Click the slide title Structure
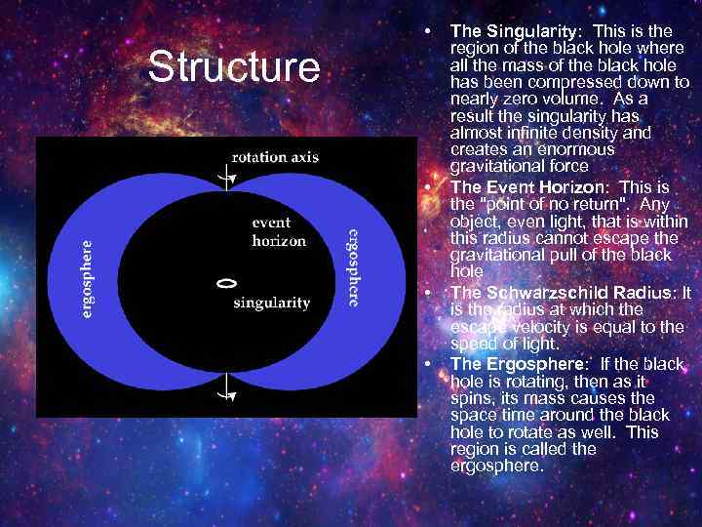pyautogui.click(x=233, y=68)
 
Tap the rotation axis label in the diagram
pyautogui.click(x=274, y=157)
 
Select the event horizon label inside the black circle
pyautogui.click(x=279, y=231)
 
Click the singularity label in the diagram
pyautogui.click(x=271, y=303)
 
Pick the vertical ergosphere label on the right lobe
pyautogui.click(x=353, y=267)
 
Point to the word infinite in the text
pyautogui.click(x=548, y=133)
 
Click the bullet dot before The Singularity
pyautogui.click(x=428, y=32)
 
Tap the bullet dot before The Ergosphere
pyautogui.click(x=428, y=364)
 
